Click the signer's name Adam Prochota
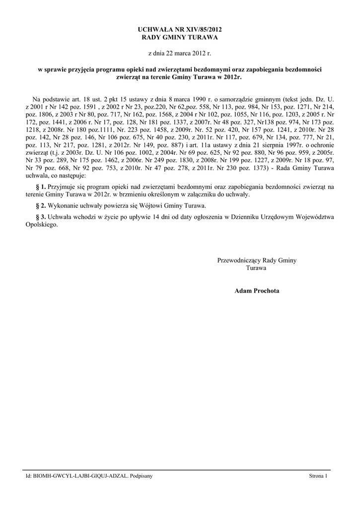coord(257,291)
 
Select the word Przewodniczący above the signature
coord(239,260)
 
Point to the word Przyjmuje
coord(63,187)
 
